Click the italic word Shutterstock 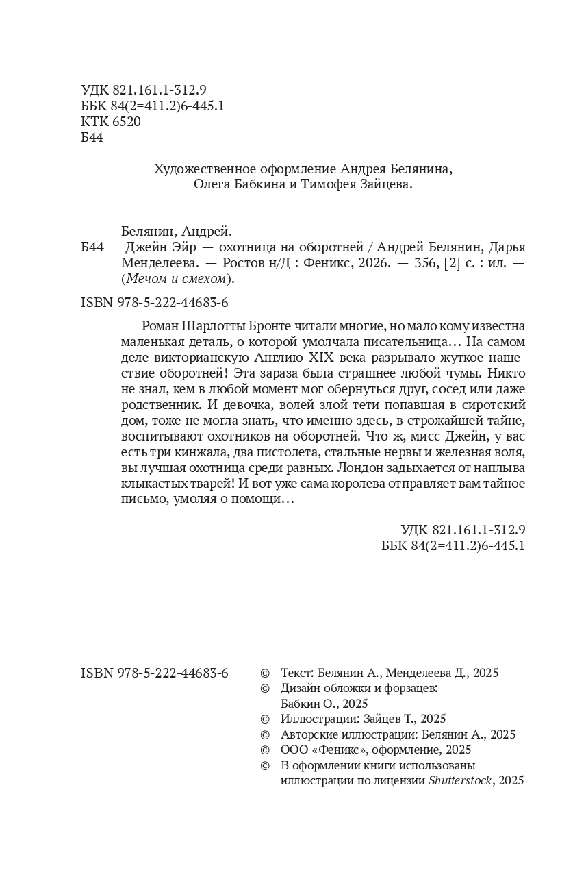tap(461, 780)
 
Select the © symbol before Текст tap(266, 673)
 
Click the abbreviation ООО tap(294, 750)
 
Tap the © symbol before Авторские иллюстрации tap(266, 734)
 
